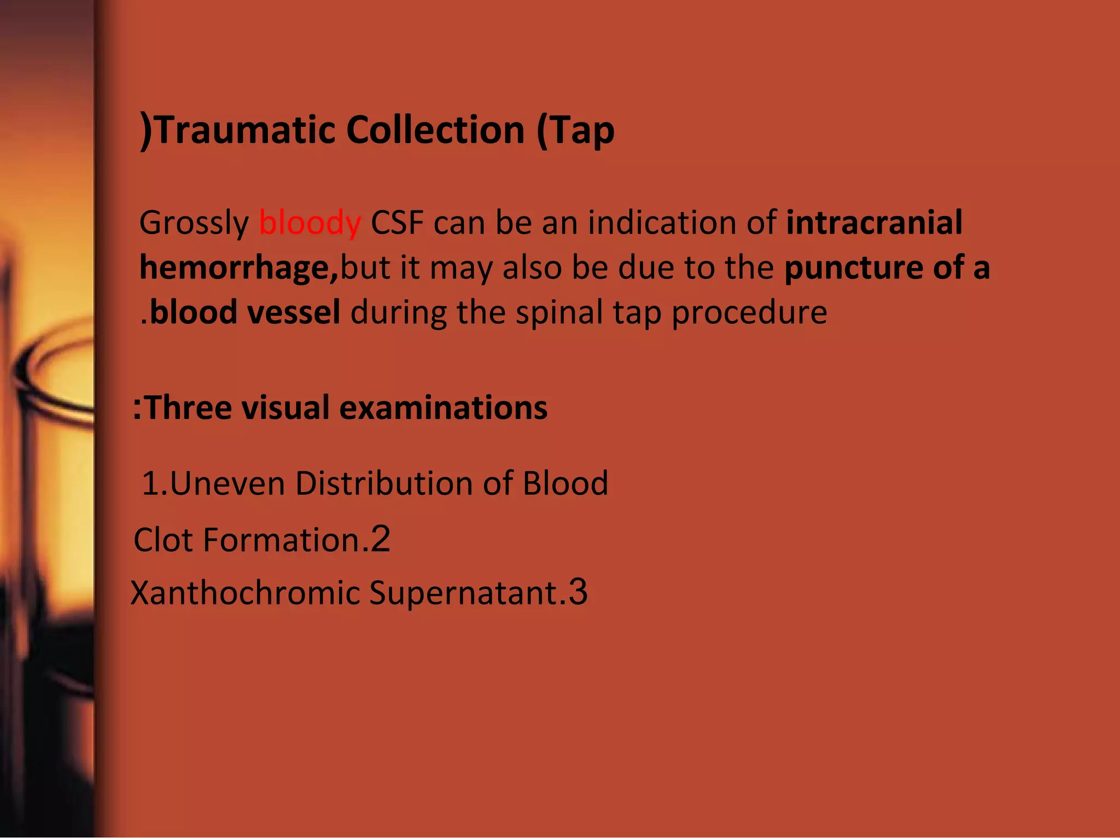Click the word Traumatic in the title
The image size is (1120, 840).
click(244, 130)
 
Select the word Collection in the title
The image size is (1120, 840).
click(435, 130)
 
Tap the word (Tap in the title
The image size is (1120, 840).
click(575, 131)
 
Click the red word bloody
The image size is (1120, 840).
click(310, 223)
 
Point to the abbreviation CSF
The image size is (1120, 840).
click(397, 223)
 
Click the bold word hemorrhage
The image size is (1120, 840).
click(238, 268)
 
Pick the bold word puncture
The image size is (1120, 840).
click(853, 268)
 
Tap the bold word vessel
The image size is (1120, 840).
click(294, 312)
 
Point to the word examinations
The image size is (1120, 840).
click(443, 408)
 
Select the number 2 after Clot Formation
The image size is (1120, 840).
click(381, 539)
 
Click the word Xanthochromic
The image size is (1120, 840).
click(245, 593)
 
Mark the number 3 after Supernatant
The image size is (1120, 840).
click(577, 592)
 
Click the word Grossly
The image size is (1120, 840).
click(194, 223)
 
